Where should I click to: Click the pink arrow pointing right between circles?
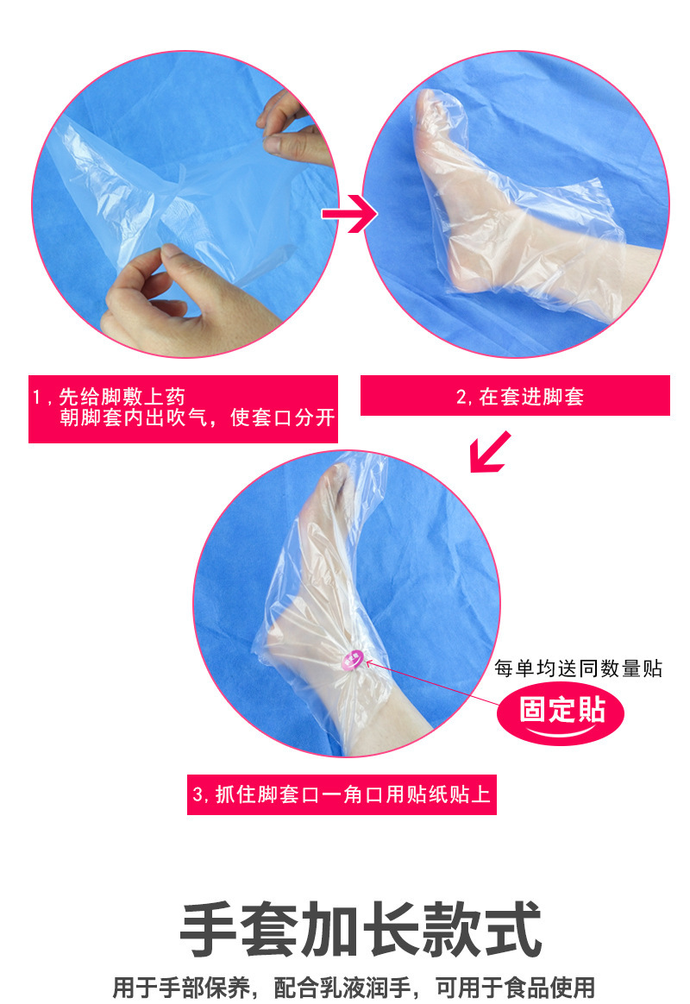pos(348,214)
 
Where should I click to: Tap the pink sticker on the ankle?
pos(351,660)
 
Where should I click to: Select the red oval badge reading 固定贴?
pos(561,711)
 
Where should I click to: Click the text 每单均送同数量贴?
pos(578,668)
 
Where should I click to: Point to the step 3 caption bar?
pos(342,794)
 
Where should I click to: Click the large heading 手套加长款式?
pos(361,929)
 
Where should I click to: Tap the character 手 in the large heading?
pos(210,929)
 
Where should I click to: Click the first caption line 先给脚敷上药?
pos(116,397)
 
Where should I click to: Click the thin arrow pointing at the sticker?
pos(431,686)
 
